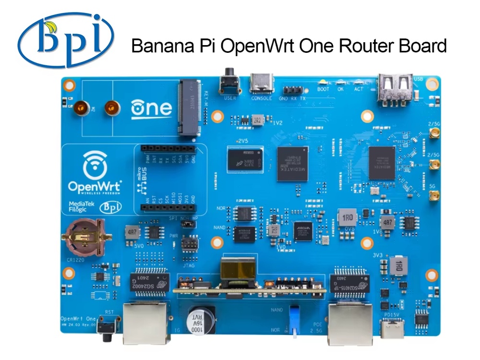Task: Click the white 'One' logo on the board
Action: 151,108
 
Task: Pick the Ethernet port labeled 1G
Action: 145,323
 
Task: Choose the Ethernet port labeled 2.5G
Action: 348,323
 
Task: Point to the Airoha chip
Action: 303,231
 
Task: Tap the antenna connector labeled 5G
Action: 435,196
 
